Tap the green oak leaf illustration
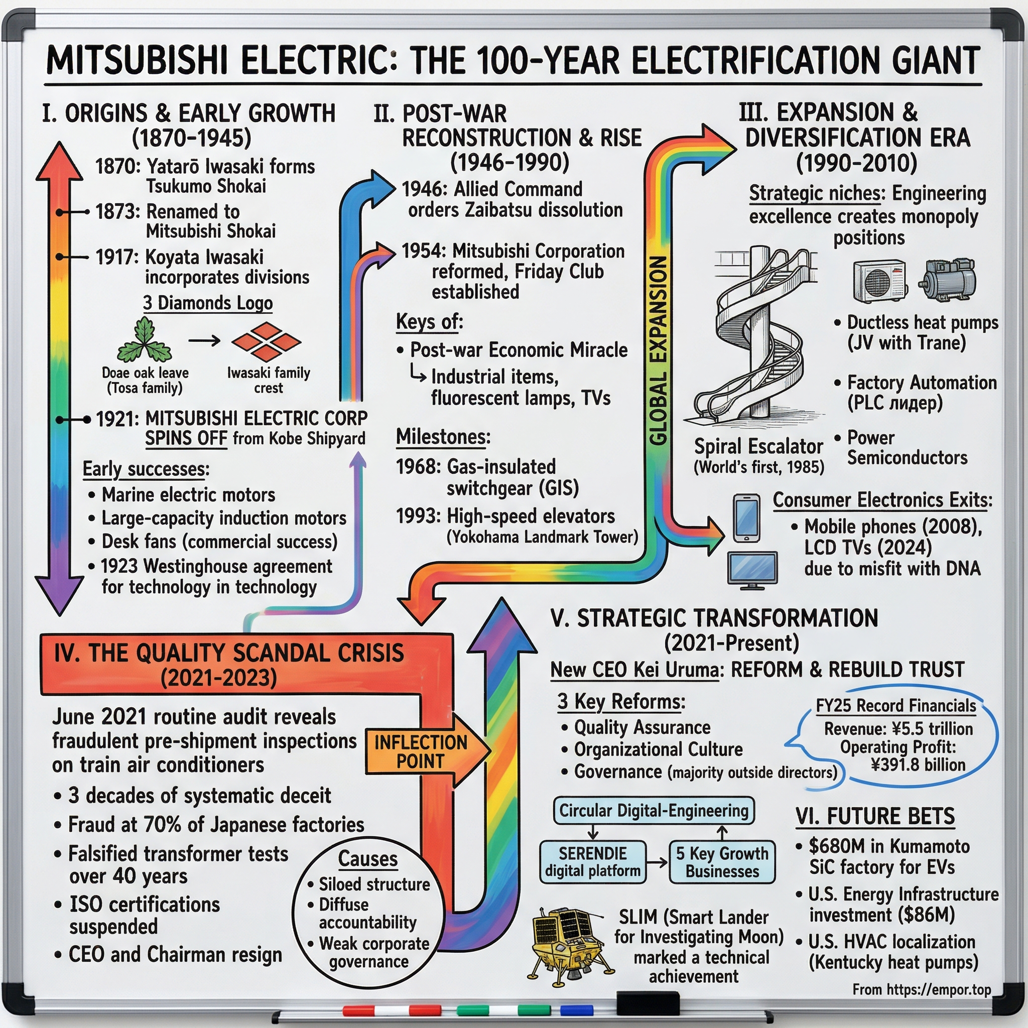(x=144, y=341)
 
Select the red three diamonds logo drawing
(x=266, y=341)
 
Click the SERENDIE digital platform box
(x=593, y=861)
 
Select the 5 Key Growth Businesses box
(x=721, y=861)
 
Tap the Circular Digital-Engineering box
(x=654, y=810)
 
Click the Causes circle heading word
(x=367, y=858)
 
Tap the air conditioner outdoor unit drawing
(x=879, y=281)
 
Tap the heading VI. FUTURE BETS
(x=875, y=816)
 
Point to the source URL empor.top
(x=921, y=989)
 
